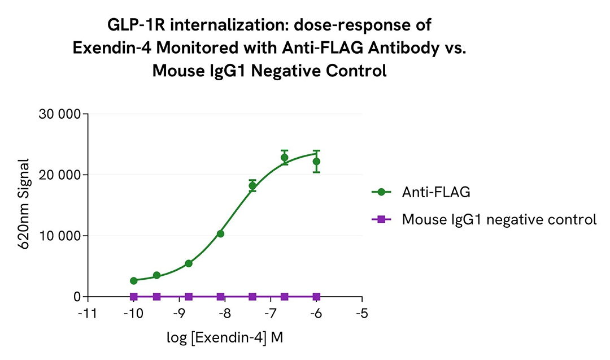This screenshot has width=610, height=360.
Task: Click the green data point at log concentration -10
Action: point(133,280)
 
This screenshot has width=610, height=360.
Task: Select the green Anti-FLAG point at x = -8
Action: point(220,233)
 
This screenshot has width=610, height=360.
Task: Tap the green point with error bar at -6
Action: point(316,161)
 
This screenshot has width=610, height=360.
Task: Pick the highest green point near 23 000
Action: point(285,158)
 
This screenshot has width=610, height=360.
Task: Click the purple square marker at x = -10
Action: point(133,297)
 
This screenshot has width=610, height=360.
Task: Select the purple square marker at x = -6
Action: point(316,297)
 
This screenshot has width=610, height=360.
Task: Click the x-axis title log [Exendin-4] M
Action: point(225,338)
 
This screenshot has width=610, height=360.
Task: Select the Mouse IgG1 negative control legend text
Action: point(499,219)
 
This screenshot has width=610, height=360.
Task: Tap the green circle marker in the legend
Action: point(381,192)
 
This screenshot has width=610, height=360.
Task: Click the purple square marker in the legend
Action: point(381,219)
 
